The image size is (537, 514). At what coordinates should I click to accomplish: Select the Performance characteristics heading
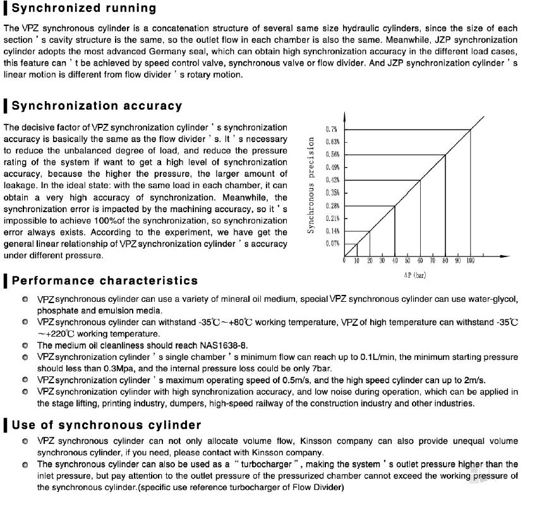(105, 280)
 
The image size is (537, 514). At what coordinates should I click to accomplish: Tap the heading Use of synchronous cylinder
(106, 425)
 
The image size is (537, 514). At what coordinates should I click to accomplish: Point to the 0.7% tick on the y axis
(332, 129)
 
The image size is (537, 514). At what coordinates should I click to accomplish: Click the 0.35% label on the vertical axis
(332, 193)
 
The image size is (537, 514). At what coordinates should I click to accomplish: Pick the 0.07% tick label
(332, 244)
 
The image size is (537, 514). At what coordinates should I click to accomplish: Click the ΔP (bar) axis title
(415, 276)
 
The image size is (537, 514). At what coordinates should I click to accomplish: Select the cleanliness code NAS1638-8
(214, 345)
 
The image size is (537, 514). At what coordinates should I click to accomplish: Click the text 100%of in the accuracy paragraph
(113, 220)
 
